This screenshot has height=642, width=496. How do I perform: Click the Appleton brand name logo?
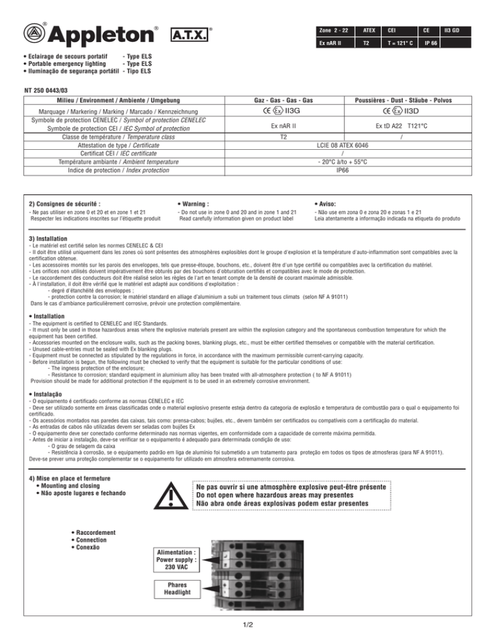pyautogui.click(x=96, y=32)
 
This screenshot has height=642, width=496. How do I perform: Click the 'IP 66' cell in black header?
pyautogui.click(x=426, y=47)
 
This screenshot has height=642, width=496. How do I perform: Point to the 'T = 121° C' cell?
pyautogui.click(x=397, y=47)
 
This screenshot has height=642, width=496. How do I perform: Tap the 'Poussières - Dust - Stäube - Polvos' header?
pyautogui.click(x=409, y=100)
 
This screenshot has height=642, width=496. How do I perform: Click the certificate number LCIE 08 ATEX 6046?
pyautogui.click(x=347, y=146)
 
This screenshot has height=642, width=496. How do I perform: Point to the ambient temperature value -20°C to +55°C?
pyautogui.click(x=347, y=161)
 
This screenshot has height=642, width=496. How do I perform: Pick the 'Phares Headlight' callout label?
pyautogui.click(x=172, y=589)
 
